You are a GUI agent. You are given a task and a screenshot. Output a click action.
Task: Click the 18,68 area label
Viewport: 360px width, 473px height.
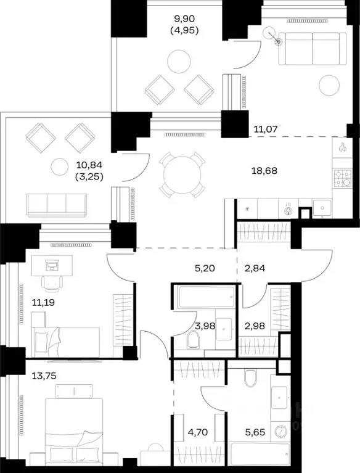[264, 171]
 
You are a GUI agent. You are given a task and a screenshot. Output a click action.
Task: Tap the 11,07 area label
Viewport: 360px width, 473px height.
[265, 130]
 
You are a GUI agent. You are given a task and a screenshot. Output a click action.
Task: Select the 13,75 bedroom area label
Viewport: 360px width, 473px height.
[44, 376]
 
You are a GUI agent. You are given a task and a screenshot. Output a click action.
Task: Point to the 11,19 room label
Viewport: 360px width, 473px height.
[43, 302]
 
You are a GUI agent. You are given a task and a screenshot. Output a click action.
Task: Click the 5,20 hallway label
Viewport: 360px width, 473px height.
[205, 268]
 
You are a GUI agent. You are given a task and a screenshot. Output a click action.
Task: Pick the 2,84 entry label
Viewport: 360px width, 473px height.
[255, 268]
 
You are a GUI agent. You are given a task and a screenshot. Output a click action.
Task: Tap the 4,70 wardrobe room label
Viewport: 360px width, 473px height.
[197, 432]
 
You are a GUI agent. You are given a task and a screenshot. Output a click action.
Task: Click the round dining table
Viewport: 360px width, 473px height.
[182, 175]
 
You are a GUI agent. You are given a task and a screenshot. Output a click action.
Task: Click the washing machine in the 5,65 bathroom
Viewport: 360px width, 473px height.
[280, 431]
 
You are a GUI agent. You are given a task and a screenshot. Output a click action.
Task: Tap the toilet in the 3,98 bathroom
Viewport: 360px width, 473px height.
[193, 339]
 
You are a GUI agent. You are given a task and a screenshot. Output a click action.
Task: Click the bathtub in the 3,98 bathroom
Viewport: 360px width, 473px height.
[206, 297]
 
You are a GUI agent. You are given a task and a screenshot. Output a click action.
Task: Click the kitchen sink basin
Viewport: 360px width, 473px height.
[322, 208]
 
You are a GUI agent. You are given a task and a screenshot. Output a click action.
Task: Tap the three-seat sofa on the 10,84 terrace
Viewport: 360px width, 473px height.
[57, 205]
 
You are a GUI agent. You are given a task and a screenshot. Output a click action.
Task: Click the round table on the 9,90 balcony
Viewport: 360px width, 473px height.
[179, 60]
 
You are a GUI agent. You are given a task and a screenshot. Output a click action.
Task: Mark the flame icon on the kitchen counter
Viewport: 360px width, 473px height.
[343, 147]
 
